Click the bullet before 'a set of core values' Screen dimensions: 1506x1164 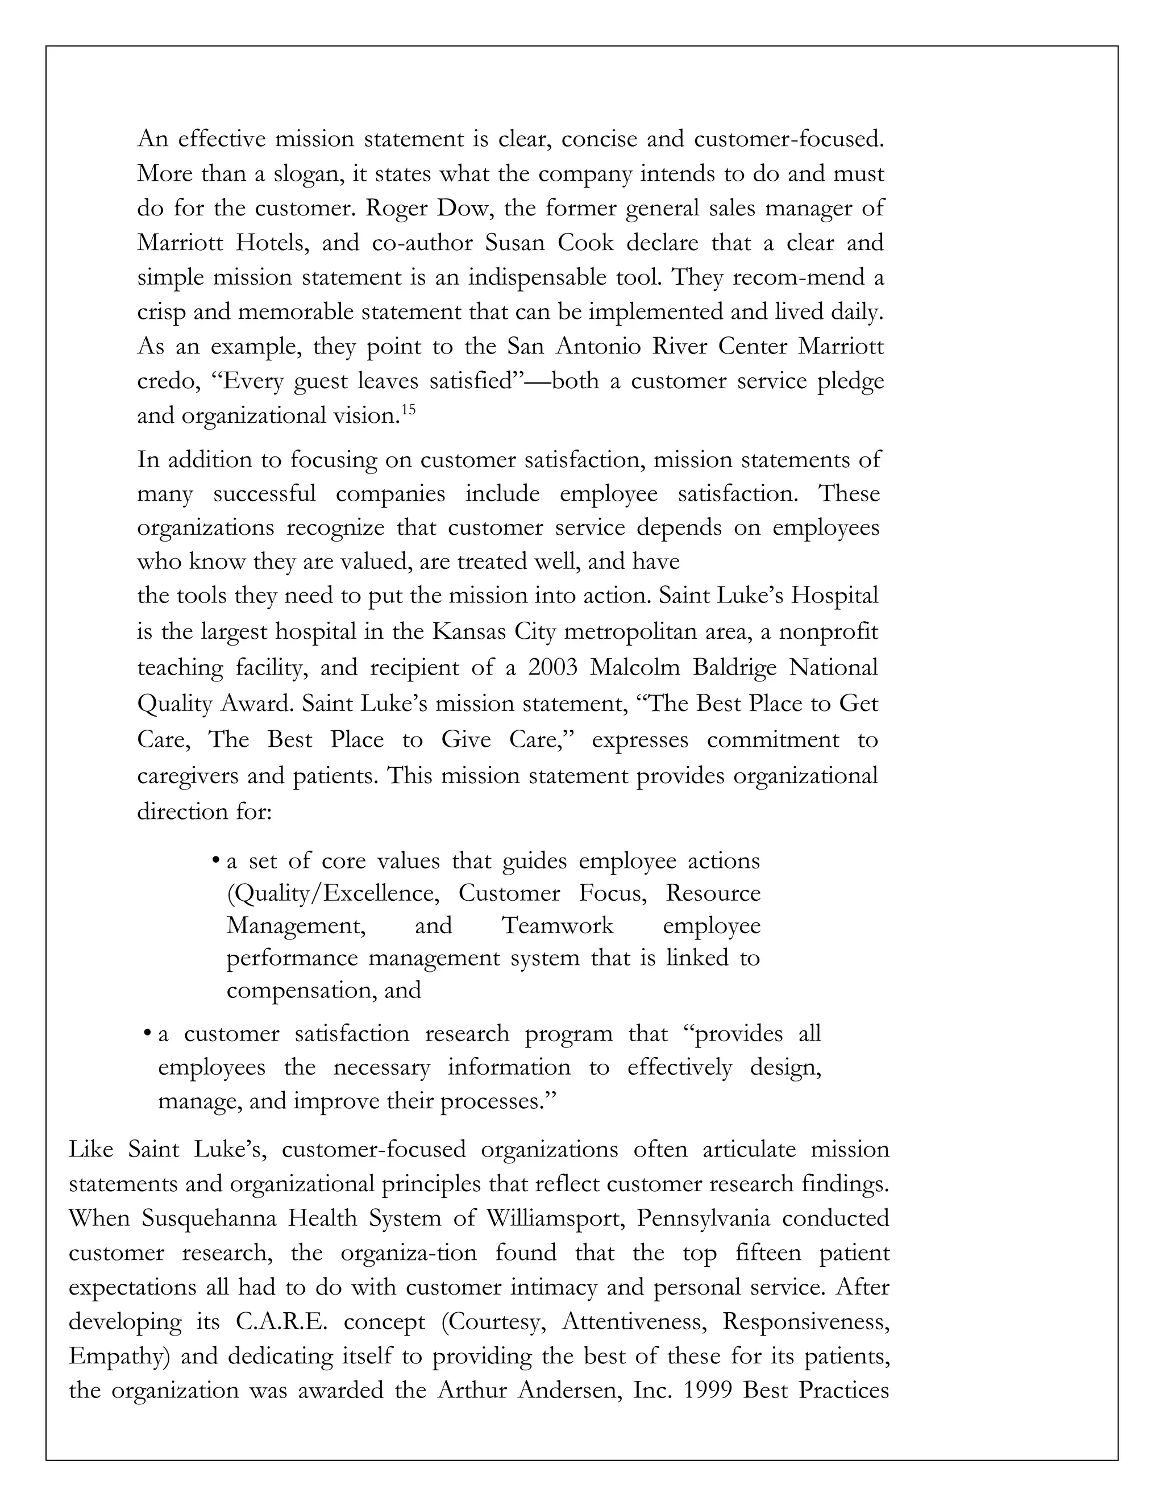216,860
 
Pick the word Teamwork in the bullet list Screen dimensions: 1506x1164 557,925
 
